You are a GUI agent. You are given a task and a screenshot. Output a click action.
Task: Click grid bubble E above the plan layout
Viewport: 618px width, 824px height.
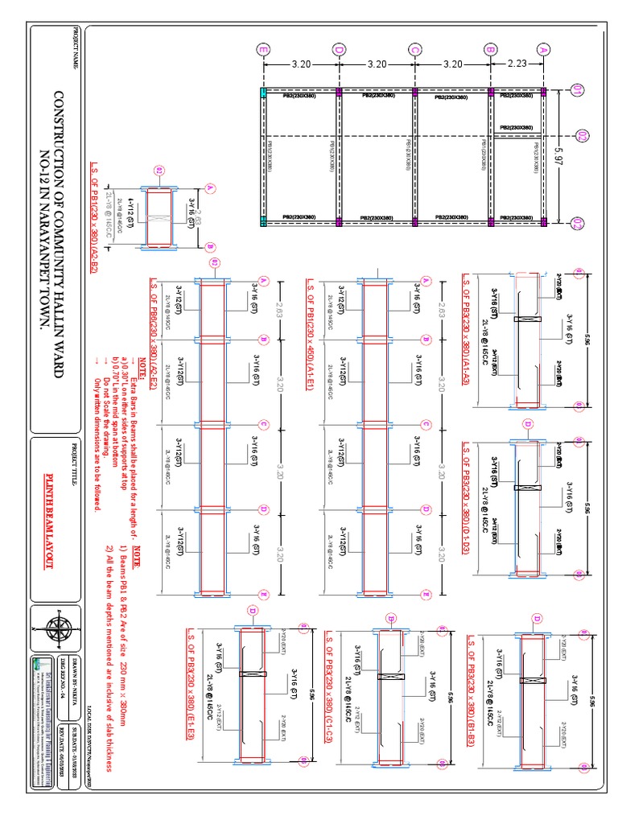(x=263, y=50)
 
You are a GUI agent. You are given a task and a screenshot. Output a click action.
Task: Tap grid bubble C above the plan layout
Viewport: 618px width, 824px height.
(x=414, y=50)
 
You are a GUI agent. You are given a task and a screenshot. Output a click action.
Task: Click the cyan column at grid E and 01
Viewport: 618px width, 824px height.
(x=263, y=93)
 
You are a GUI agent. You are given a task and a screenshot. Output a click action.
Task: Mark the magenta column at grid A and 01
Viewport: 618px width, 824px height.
(x=543, y=93)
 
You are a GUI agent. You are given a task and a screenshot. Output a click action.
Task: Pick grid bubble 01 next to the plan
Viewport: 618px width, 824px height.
(x=577, y=91)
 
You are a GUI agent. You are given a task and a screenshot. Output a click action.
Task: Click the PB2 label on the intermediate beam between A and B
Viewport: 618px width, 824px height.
(x=516, y=127)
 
